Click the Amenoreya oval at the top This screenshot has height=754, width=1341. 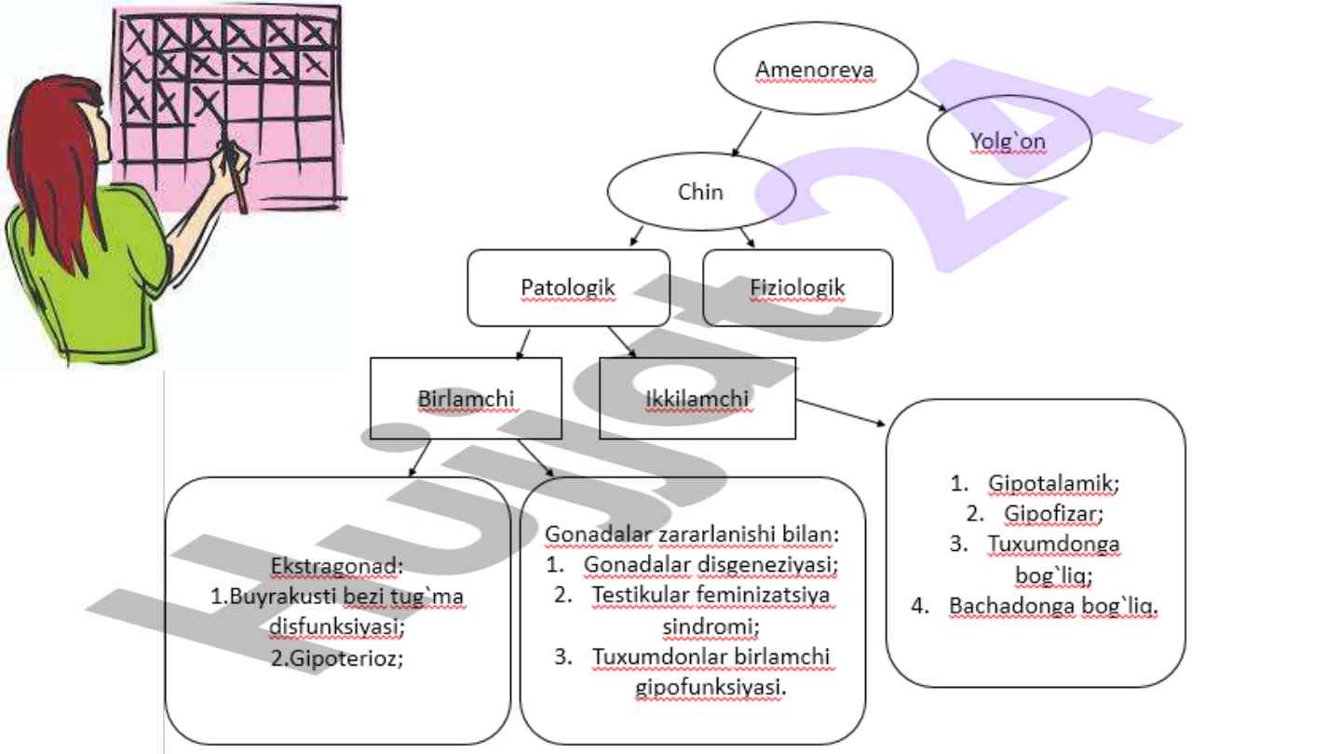(815, 70)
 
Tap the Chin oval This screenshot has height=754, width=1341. (700, 193)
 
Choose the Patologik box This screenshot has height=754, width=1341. (568, 288)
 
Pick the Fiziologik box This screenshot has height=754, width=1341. (797, 288)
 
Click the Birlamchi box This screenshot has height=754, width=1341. (466, 398)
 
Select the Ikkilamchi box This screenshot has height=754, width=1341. (697, 398)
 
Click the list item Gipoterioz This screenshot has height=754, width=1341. (341, 657)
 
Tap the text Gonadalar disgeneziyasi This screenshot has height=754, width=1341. (711, 564)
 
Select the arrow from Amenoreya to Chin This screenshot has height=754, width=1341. (746, 133)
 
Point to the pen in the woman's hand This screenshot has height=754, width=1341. (235, 176)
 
